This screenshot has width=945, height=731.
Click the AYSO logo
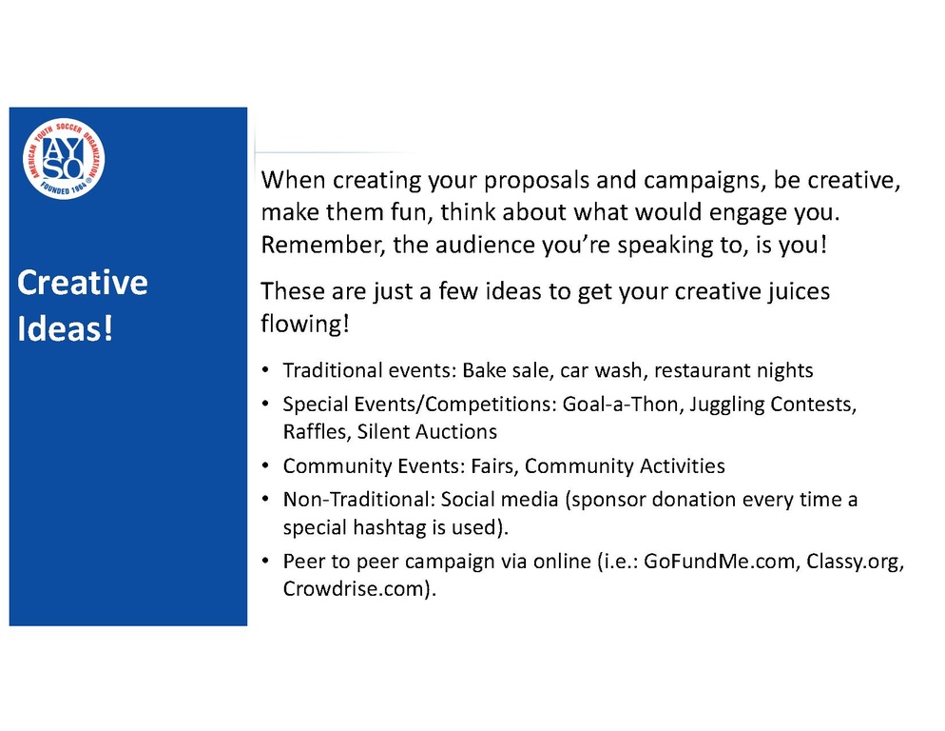64,159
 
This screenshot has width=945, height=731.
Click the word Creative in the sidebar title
83,283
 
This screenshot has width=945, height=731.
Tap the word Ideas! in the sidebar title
65,329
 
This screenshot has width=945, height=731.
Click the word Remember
322,245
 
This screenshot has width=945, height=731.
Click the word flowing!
305,324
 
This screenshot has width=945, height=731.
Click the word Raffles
317,432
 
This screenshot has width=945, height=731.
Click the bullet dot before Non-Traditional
266,499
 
